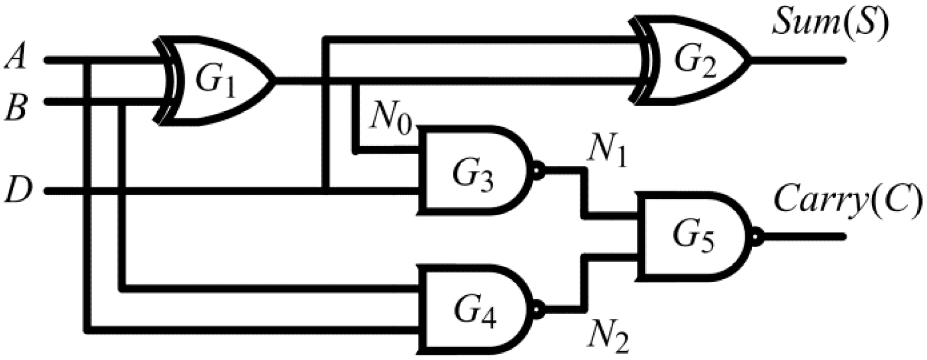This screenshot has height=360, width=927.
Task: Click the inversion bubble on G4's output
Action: coord(539,309)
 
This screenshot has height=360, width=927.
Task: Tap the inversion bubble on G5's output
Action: coord(756,236)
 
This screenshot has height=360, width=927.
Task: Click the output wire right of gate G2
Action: coord(798,60)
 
